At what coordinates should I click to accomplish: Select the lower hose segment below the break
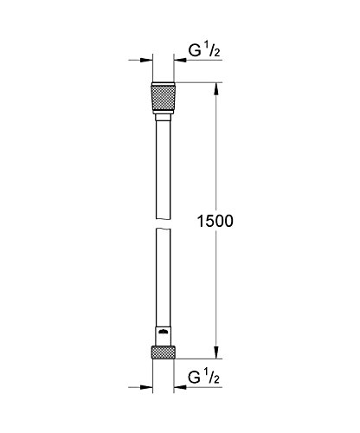click(x=164, y=277)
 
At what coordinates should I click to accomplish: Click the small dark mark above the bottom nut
click(x=164, y=332)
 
